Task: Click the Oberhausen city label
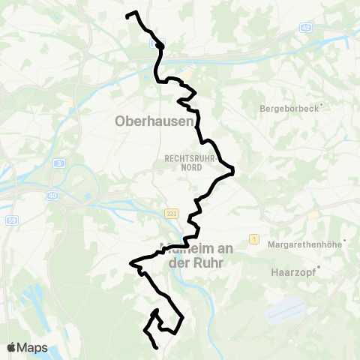click(x=154, y=121)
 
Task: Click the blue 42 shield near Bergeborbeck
click(x=305, y=28)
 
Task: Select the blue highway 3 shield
click(x=58, y=163)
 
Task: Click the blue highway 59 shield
click(x=13, y=219)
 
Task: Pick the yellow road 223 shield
click(x=170, y=214)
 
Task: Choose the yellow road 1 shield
click(x=254, y=238)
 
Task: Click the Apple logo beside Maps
click(x=11, y=347)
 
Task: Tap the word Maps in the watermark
click(x=32, y=347)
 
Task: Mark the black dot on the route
click(x=160, y=45)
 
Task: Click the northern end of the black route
click(x=127, y=15)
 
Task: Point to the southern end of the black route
click(x=156, y=348)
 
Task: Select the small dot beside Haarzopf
click(x=319, y=267)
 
